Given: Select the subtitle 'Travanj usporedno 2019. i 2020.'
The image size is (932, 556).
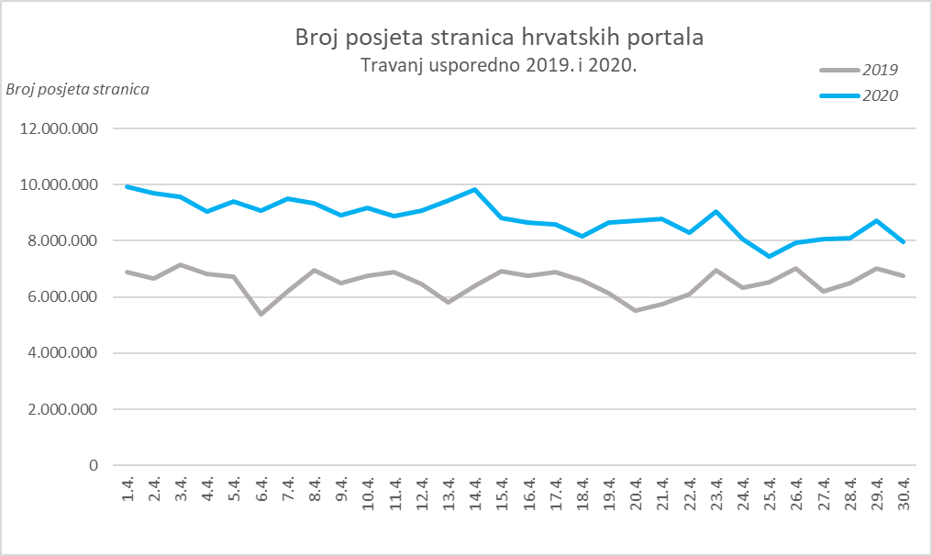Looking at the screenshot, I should pyautogui.click(x=498, y=66).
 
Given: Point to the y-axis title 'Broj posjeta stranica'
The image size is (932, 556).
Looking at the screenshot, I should pyautogui.click(x=77, y=89).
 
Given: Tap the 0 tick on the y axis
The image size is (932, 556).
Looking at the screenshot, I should pyautogui.click(x=93, y=465).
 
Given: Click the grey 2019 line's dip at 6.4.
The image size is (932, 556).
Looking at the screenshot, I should pyautogui.click(x=261, y=314).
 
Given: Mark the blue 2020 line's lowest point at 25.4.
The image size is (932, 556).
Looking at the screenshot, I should pyautogui.click(x=769, y=256).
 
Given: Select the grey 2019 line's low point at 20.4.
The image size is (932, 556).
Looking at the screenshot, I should pyautogui.click(x=635, y=311).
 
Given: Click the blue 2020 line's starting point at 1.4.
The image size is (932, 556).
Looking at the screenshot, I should pyautogui.click(x=128, y=187).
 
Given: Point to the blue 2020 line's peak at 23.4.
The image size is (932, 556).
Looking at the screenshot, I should pyautogui.click(x=716, y=212).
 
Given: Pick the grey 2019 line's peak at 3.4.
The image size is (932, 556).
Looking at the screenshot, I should pyautogui.click(x=181, y=265).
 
